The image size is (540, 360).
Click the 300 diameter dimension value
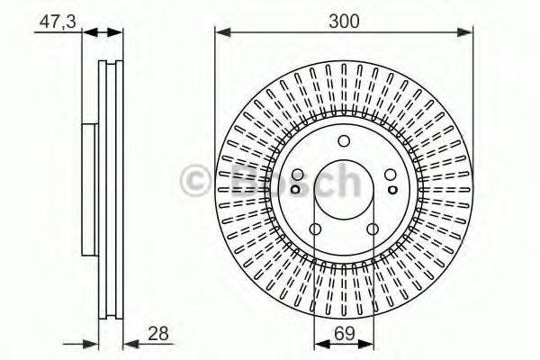pyautogui.click(x=344, y=22)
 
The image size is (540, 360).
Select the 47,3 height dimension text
pyautogui.click(x=58, y=22)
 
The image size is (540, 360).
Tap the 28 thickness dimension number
pyautogui.click(x=158, y=334)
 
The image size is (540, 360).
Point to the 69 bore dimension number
pyautogui.click(x=344, y=333)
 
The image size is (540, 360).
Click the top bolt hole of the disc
pyautogui.click(x=344, y=141)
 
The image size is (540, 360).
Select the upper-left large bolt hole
pyautogui.click(x=297, y=175)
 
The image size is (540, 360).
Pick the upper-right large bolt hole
pyautogui.click(x=391, y=175)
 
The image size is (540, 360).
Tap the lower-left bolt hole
pyautogui.click(x=315, y=229)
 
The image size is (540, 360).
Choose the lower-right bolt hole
pyautogui.click(x=373, y=229)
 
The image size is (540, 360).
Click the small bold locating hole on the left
pyautogui.click(x=295, y=189)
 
